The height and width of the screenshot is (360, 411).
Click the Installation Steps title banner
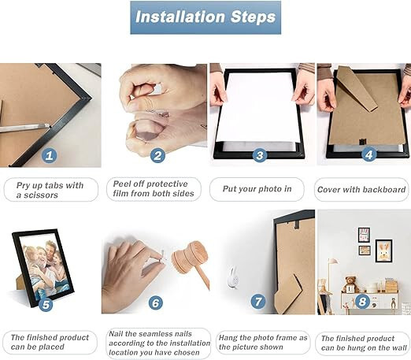[205, 17]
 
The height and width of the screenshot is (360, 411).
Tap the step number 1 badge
[49, 156]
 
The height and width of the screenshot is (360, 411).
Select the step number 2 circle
[157, 155]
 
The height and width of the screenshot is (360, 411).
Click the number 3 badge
[260, 155]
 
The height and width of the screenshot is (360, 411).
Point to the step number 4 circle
[369, 154]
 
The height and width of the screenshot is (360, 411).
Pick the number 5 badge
[46, 305]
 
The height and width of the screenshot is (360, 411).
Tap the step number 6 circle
[156, 303]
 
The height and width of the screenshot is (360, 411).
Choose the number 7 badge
[258, 301]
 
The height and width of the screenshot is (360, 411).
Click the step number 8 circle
[362, 301]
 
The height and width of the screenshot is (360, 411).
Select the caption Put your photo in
[257, 189]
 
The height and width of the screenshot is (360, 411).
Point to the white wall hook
[233, 276]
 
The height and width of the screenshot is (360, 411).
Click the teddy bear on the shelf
[352, 284]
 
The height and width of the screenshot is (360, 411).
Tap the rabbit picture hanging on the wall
[384, 251]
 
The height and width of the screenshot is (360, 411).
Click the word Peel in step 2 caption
[121, 184]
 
